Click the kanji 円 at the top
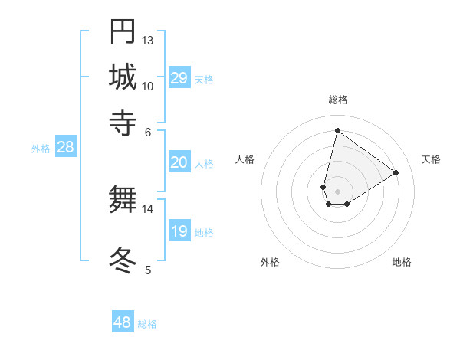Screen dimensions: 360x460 coord(123,31)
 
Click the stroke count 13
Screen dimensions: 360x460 coord(148,39)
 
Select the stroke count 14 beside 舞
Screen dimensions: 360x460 coord(148,208)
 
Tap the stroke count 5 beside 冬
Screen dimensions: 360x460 coord(148,269)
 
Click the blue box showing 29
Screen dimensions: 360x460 coord(179,78)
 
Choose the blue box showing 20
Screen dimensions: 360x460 coord(179,162)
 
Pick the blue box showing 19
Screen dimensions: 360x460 coord(179,231)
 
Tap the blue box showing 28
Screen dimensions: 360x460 coord(65,148)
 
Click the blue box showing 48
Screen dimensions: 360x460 coord(123,322)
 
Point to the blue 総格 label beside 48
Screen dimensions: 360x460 coord(147,324)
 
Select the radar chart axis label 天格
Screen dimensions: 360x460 coord(431,159)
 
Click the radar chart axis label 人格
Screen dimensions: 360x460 coord(245,159)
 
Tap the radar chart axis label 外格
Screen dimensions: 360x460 coord(270,262)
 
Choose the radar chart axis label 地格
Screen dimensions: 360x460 coord(402,262)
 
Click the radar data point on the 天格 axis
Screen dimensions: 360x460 coord(396,173)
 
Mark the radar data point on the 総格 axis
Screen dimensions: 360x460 coord(337,130)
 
